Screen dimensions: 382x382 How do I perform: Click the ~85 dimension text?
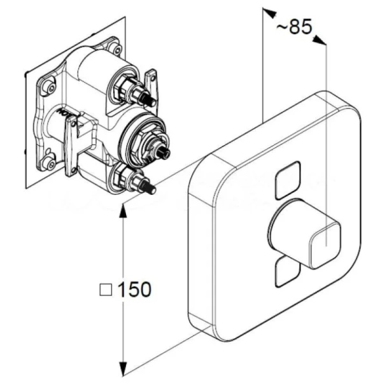click(294, 27)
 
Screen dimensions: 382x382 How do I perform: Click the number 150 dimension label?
click(134, 290)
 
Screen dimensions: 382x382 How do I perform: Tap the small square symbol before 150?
click(106, 290)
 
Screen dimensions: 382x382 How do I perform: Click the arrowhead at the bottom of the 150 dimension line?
click(122, 367)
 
